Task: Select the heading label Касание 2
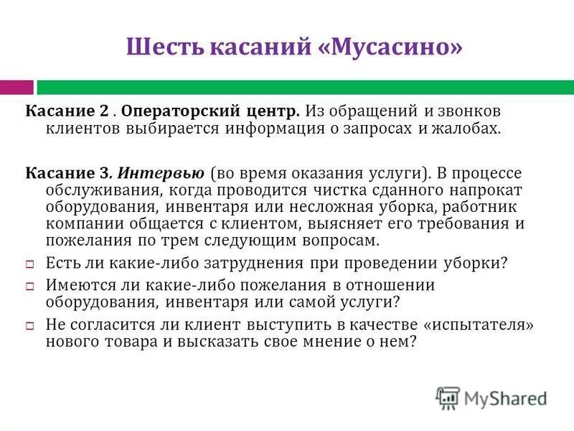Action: point(68,113)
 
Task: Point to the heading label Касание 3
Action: point(69,174)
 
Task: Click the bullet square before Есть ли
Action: point(31,264)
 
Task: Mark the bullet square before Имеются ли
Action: point(31,286)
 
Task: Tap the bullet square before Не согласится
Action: point(31,325)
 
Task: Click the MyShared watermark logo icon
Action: point(448,397)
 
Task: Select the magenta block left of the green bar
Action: point(17,87)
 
